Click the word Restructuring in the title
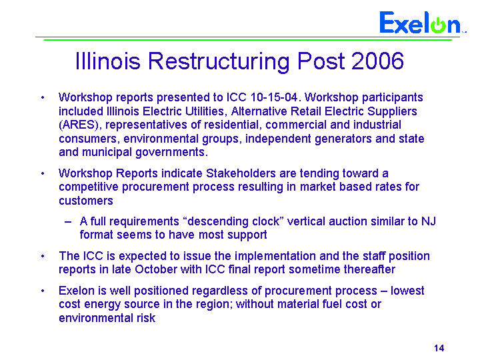(219, 61)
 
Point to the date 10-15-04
(274, 97)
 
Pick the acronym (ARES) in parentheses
(78, 125)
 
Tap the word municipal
(107, 153)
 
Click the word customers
(86, 201)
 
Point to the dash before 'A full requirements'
(68, 222)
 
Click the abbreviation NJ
(429, 221)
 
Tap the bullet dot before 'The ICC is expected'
(43, 256)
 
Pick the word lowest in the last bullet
(407, 291)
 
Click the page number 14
(439, 348)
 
